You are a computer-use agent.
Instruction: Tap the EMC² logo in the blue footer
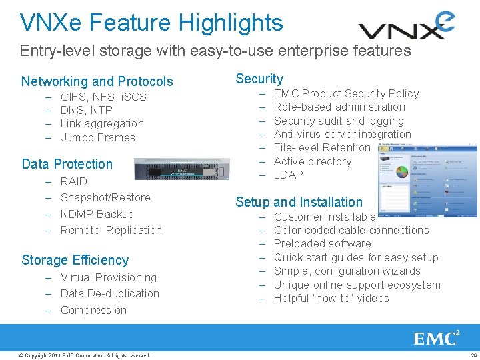click(437, 338)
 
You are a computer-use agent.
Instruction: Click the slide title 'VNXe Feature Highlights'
click(151, 23)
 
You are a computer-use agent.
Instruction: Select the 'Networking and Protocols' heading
click(97, 81)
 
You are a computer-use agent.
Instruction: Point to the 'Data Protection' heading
click(67, 164)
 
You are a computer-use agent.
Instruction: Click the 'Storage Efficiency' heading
click(75, 260)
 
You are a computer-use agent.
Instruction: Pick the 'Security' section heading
click(259, 79)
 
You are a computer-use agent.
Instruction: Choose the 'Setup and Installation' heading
click(299, 202)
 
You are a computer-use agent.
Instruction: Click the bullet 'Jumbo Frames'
click(98, 137)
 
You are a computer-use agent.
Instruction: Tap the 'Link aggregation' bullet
click(102, 123)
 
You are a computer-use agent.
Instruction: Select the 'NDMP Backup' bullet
click(97, 214)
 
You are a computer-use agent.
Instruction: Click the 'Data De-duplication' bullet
click(110, 293)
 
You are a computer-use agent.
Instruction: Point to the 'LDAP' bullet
click(289, 175)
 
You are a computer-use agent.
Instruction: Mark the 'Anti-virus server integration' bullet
click(343, 134)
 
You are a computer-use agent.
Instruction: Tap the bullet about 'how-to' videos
click(331, 298)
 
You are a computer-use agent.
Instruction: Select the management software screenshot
click(427, 179)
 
